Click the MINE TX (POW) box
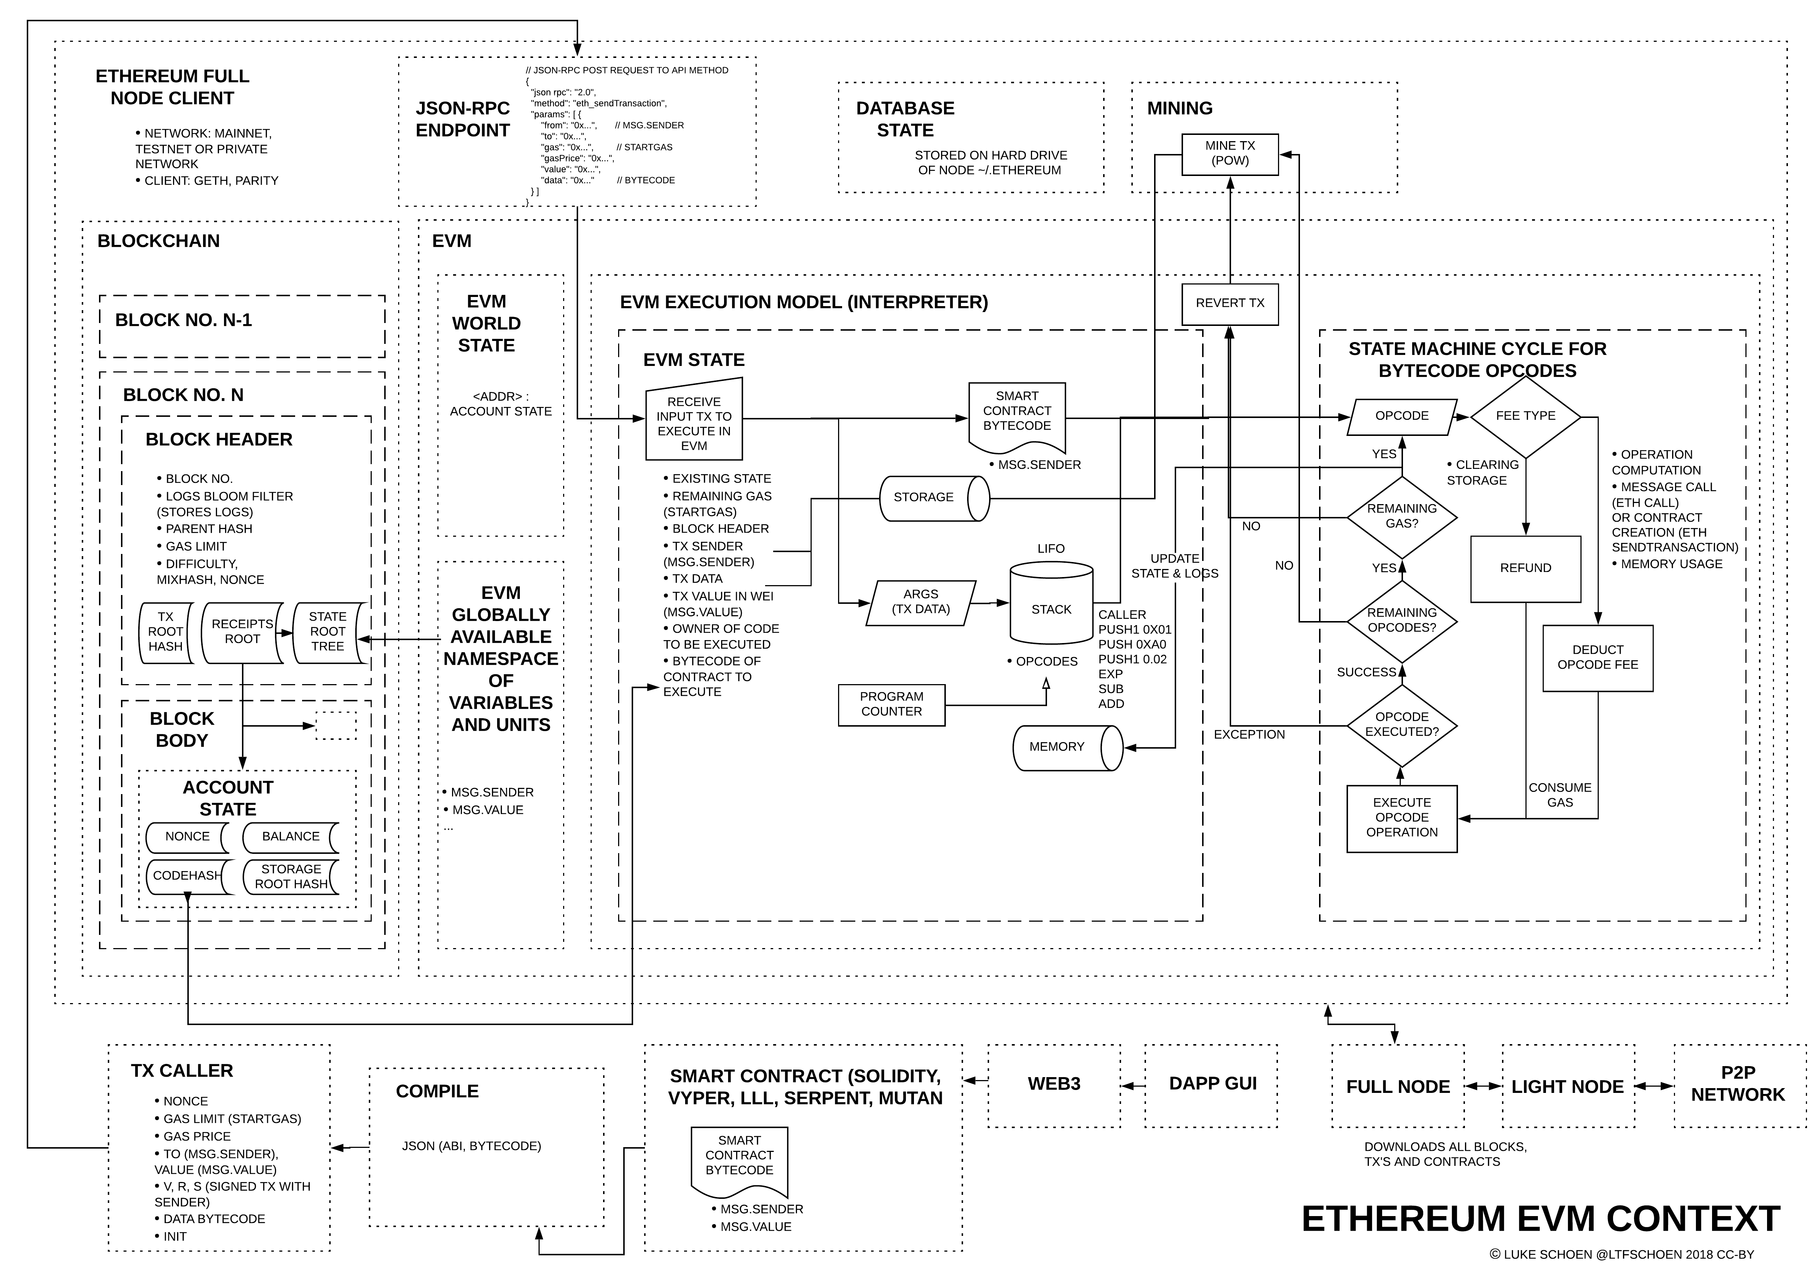click(1230, 154)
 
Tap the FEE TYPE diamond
click(1525, 416)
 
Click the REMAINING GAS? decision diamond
click(1402, 516)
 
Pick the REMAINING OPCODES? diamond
click(1402, 621)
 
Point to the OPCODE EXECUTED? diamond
click(1402, 724)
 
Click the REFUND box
click(1525, 569)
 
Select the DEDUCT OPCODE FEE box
click(1597, 658)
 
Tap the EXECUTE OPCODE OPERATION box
click(1402, 818)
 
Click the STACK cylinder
click(1051, 608)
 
